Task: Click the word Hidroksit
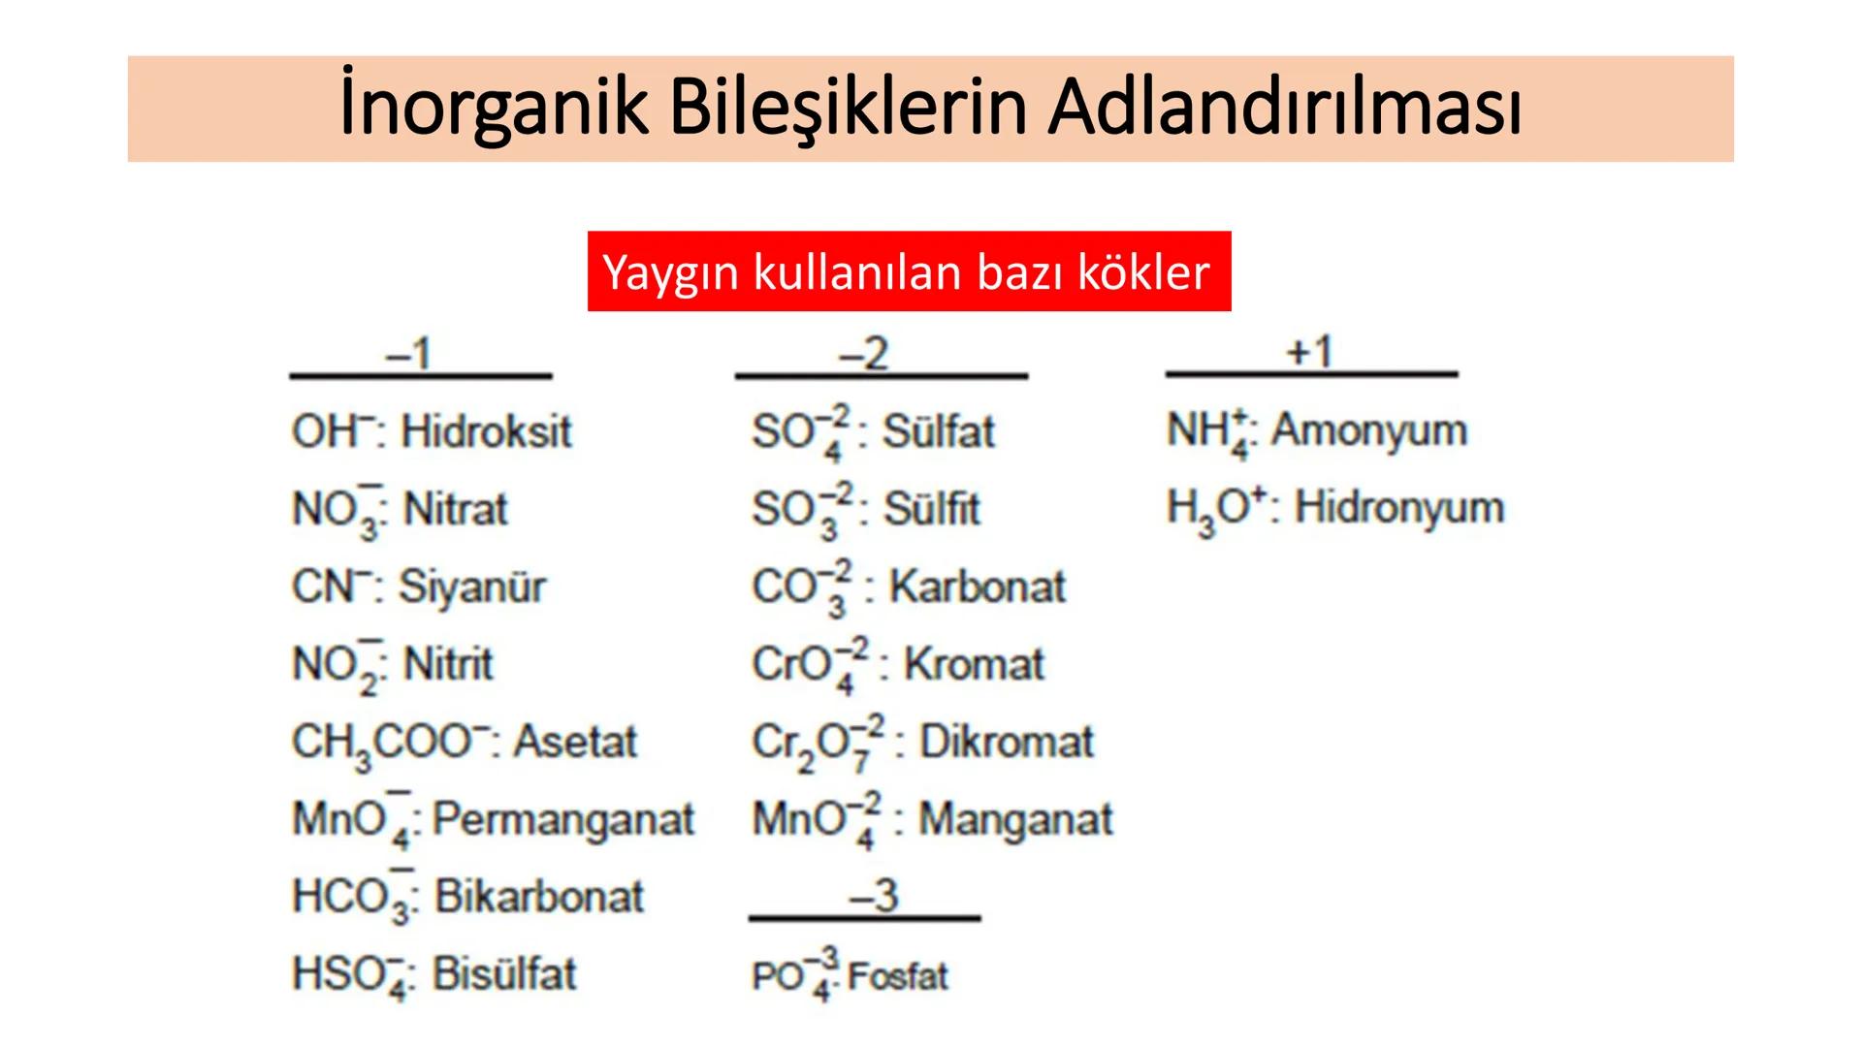(486, 431)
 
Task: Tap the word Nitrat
(455, 509)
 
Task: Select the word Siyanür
(472, 587)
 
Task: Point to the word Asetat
(575, 742)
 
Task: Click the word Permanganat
(563, 819)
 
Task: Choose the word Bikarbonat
(538, 897)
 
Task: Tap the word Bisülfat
(504, 974)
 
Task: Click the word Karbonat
(978, 587)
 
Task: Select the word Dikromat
(1007, 742)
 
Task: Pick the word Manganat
(1015, 819)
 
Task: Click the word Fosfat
(898, 976)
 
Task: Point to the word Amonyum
(1369, 429)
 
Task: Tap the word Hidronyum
(1399, 507)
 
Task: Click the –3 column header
(874, 895)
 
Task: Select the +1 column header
(1310, 352)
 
